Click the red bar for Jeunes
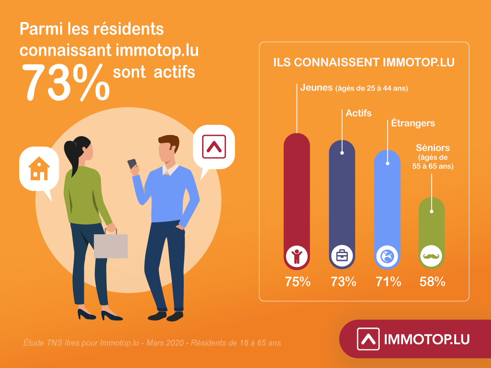pos(297,201)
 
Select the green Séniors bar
pos(432,233)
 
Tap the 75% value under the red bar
pos(298,282)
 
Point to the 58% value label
pos(432,282)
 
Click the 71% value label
pos(388,282)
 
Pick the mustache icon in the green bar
pos(431,256)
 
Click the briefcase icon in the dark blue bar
pos(342,256)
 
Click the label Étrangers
pos(413,123)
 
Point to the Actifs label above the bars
pos(358,113)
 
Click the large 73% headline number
pos(66,82)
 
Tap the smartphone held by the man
pos(132,164)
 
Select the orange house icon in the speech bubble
pos(39,168)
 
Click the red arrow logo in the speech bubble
pos(214,146)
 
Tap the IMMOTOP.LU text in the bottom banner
pos(427,339)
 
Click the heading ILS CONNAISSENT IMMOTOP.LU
pos(364,62)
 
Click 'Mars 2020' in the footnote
pos(165,343)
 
